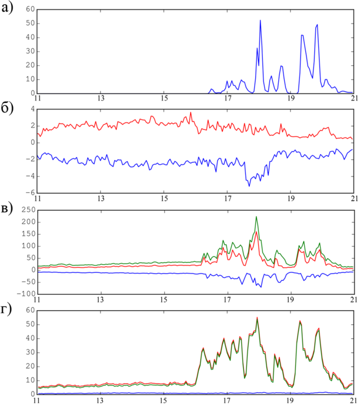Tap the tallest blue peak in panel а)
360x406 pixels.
(261, 21)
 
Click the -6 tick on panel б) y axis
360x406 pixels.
(29, 192)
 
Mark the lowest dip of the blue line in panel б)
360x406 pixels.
(249, 186)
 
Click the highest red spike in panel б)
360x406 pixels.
(191, 112)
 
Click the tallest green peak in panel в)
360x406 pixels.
(256, 217)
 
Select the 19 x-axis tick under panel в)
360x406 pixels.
(290, 299)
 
